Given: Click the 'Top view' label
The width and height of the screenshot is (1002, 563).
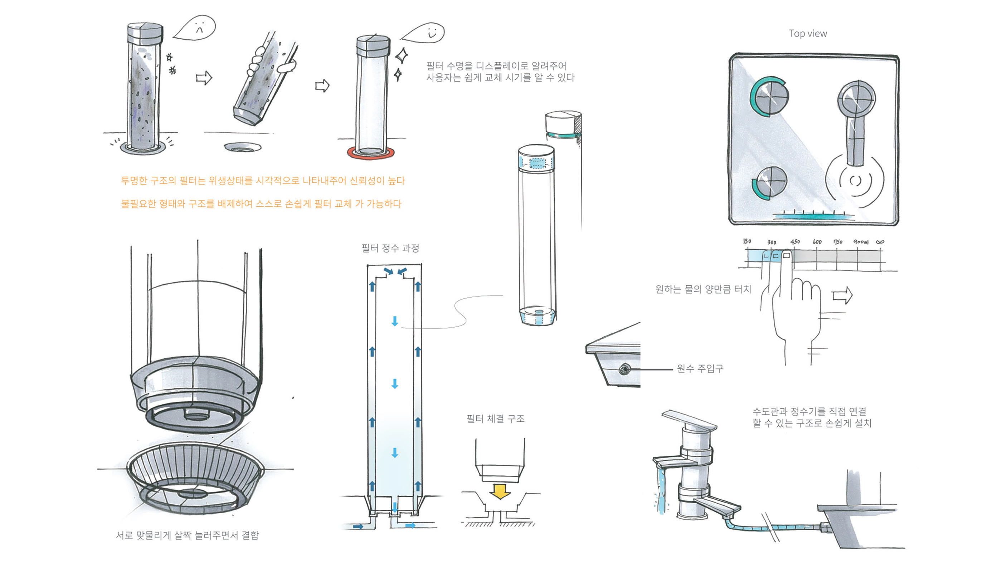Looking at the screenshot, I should tap(808, 34).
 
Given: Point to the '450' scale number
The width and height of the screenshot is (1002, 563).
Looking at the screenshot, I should tap(795, 242).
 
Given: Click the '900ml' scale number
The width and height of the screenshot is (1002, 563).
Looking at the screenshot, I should tap(861, 242).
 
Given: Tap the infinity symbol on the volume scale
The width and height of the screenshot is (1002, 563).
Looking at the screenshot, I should tap(880, 242).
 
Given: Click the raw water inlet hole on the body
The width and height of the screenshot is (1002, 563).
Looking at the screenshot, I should tap(624, 368).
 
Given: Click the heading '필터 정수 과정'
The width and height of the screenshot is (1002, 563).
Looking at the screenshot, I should tap(390, 248).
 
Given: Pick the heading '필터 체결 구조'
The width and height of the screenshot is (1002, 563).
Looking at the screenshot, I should tap(495, 418).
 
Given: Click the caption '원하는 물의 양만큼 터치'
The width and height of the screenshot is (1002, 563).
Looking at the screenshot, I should tap(703, 289).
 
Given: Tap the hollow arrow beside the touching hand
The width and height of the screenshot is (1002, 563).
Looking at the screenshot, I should tap(842, 295).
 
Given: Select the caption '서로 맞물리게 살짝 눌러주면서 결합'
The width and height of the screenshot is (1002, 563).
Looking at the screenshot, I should tap(187, 535).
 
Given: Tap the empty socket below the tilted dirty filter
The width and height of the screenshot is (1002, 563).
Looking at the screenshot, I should tap(242, 147).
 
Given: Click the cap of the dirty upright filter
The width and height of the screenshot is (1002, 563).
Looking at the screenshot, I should tap(145, 34).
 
